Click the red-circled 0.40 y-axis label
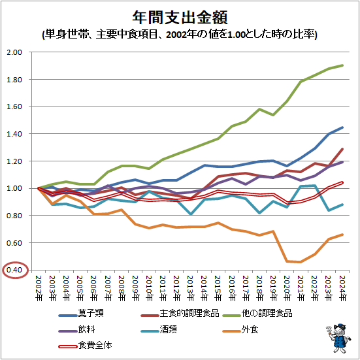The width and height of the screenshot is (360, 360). pyautogui.click(x=14, y=270)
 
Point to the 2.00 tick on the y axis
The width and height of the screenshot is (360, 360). pyautogui.click(x=14, y=52)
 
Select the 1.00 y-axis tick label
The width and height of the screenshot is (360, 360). pyautogui.click(x=14, y=188)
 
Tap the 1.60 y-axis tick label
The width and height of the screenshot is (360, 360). pyautogui.click(x=14, y=106)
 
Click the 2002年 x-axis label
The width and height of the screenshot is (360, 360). pyautogui.click(x=39, y=288)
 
